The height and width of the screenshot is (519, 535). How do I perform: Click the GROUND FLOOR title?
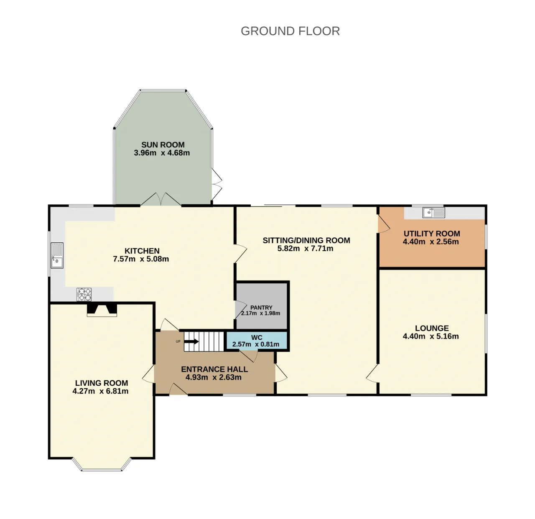[x=290, y=31]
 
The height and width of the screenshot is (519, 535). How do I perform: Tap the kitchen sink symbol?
[x=57, y=255]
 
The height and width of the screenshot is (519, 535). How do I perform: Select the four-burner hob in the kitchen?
[x=84, y=294]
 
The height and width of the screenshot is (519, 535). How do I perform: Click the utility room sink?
[x=433, y=213]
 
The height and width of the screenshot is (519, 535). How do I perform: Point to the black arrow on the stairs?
[x=191, y=342]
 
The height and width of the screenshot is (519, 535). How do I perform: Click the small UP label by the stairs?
[x=178, y=341]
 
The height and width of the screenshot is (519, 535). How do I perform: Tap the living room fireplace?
[x=102, y=310]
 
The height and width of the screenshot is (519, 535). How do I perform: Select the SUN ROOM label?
[x=163, y=145]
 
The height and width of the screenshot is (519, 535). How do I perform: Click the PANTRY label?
[x=261, y=308]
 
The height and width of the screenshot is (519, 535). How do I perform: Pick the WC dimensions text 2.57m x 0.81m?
[x=256, y=344]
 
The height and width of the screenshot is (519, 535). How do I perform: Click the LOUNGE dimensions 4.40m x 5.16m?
[x=431, y=336]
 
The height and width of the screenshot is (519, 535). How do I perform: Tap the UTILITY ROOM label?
[x=432, y=234]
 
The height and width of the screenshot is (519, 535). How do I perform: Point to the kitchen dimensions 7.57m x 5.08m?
[x=141, y=259]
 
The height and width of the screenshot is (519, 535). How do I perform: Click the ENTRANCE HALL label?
[x=214, y=369]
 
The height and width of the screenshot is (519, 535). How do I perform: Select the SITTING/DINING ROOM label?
[x=306, y=241]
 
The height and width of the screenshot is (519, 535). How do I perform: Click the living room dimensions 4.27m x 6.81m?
[x=100, y=391]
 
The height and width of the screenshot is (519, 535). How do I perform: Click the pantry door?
[x=241, y=310]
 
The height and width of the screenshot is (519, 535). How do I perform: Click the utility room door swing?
[x=384, y=224]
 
